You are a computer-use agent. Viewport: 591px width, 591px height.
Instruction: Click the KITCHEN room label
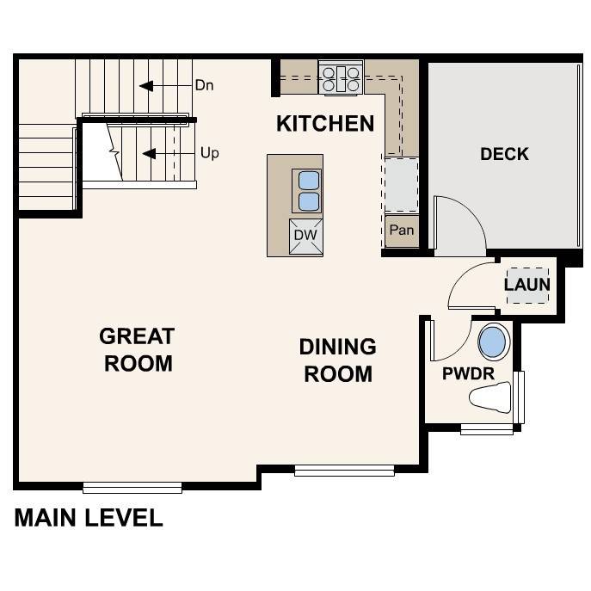click(x=325, y=124)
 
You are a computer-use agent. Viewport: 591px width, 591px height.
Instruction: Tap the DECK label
click(x=504, y=155)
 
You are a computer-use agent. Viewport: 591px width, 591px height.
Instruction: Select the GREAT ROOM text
click(x=137, y=349)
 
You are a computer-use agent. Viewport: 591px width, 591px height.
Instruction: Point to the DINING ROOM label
click(x=337, y=360)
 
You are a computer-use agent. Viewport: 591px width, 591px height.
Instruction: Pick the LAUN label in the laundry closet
click(x=526, y=284)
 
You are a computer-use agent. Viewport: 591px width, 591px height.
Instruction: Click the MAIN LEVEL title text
click(x=89, y=518)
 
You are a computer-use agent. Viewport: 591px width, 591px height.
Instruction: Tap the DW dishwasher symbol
click(x=305, y=235)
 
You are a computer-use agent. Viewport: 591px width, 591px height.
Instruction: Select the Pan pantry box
click(x=401, y=231)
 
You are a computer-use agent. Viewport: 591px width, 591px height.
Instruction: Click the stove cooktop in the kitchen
click(x=341, y=78)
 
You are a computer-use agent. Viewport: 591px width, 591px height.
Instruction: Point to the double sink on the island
click(x=307, y=191)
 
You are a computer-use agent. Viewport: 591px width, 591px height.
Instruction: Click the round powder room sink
click(x=493, y=342)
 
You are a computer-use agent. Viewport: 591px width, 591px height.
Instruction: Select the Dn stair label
click(x=204, y=86)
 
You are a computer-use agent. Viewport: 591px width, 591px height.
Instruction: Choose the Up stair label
click(x=209, y=153)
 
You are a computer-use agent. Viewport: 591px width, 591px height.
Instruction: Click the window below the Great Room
click(x=132, y=488)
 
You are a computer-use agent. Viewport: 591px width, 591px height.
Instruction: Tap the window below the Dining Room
click(x=344, y=471)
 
